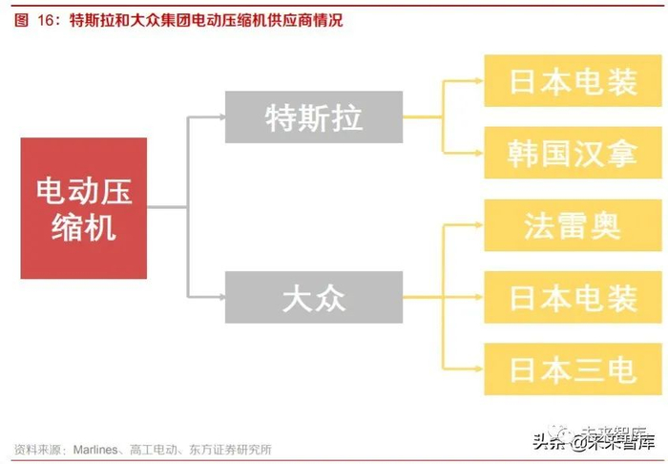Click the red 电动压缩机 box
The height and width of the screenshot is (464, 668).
[x=84, y=208]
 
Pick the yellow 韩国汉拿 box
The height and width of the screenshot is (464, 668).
[x=573, y=153]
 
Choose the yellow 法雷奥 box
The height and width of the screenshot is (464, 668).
[x=573, y=225]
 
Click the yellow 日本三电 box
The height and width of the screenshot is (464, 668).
[x=573, y=369]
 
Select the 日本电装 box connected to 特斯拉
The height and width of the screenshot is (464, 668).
[x=573, y=81]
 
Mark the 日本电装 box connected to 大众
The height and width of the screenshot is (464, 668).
[x=573, y=297]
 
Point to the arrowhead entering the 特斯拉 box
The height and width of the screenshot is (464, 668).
[x=219, y=117]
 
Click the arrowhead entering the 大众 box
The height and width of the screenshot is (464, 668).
[x=219, y=297]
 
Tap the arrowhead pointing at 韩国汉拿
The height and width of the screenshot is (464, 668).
[x=479, y=153]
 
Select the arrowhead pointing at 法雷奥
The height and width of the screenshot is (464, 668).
[x=479, y=225]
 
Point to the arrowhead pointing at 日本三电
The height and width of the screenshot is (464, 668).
[x=479, y=369]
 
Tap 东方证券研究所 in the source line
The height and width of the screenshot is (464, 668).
[x=226, y=449]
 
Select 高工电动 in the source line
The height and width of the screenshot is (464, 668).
[x=156, y=449]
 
